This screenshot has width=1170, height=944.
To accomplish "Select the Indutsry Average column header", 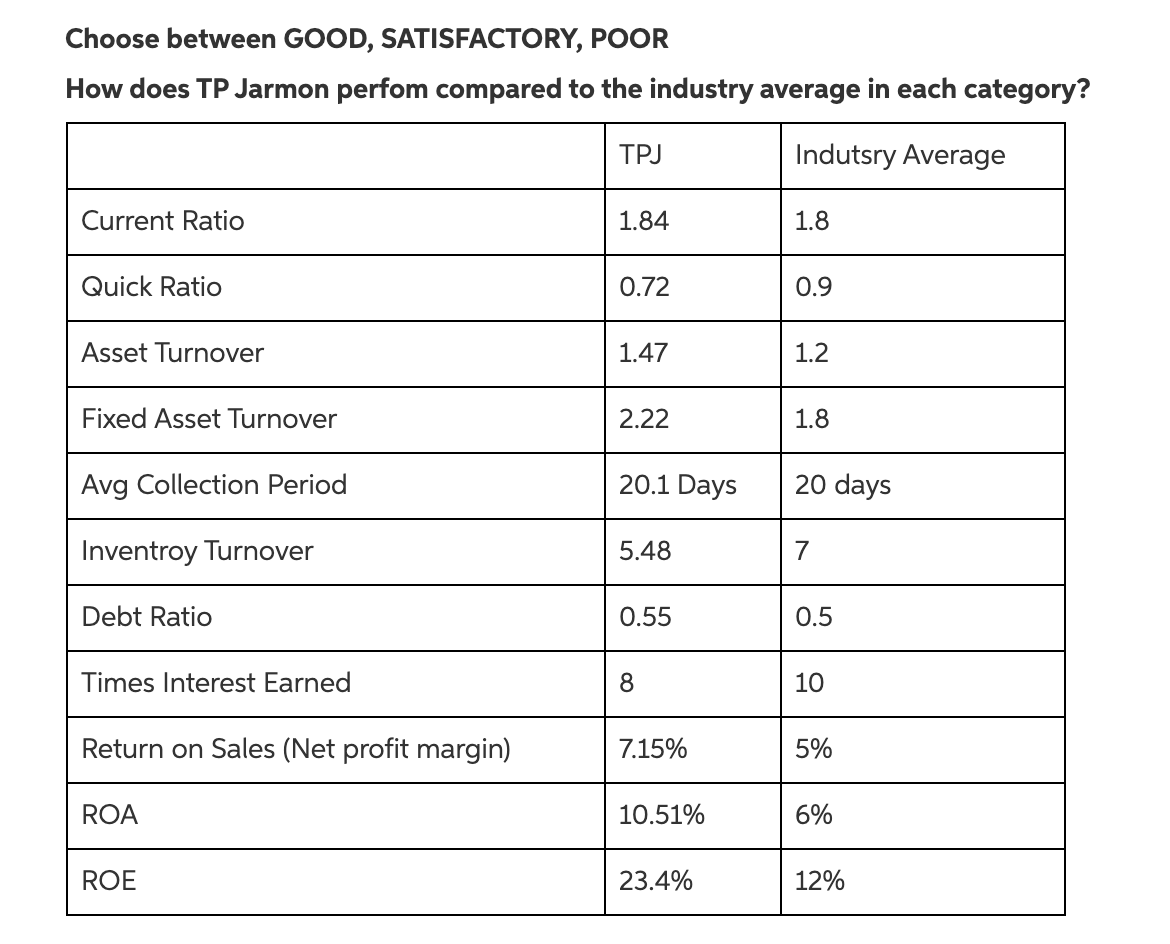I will click(899, 155).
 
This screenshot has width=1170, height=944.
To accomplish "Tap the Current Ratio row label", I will click(162, 221).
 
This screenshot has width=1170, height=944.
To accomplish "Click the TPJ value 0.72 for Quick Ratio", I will click(644, 287).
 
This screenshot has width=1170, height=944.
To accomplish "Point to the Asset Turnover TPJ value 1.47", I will click(642, 353).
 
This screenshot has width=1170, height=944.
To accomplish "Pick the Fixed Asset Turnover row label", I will click(209, 419).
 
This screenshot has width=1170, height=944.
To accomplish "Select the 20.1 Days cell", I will click(677, 485).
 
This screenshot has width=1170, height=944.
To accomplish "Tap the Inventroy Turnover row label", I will click(197, 551).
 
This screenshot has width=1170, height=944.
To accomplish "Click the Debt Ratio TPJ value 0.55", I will click(645, 617).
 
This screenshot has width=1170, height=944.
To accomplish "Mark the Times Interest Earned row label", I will click(216, 683).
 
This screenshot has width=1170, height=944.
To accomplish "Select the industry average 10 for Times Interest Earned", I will click(809, 683).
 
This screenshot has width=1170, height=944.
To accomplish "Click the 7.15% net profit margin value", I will click(652, 749).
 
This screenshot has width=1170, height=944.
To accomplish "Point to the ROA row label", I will click(109, 815).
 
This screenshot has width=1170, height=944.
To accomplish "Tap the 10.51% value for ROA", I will click(661, 815).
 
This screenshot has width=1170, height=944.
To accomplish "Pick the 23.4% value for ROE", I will click(655, 881).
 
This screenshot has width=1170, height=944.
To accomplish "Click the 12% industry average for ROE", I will click(819, 881).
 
